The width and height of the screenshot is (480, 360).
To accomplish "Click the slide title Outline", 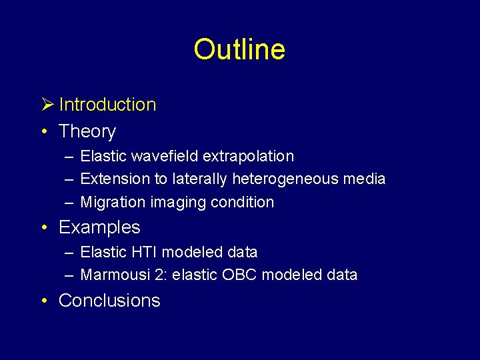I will click(x=239, y=49).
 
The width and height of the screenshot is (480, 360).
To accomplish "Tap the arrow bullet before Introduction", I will click(x=46, y=105).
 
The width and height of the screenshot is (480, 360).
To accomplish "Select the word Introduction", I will click(x=107, y=105).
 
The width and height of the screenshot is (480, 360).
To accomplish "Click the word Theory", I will click(x=87, y=132).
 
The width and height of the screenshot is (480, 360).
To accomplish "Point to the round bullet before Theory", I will click(x=43, y=132).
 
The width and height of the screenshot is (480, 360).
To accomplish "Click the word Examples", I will click(x=99, y=227).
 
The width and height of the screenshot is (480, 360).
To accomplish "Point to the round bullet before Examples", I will click(x=43, y=227).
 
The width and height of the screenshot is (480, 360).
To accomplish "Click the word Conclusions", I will click(x=109, y=301).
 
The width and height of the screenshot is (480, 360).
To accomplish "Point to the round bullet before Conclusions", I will click(x=43, y=301).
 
